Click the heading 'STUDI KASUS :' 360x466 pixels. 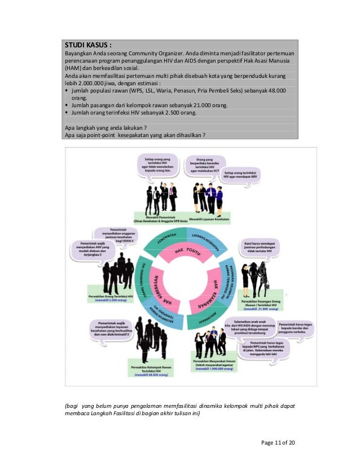click(x=87, y=44)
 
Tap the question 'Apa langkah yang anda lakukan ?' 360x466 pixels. click(x=106, y=128)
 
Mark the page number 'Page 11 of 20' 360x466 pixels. click(x=278, y=442)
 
